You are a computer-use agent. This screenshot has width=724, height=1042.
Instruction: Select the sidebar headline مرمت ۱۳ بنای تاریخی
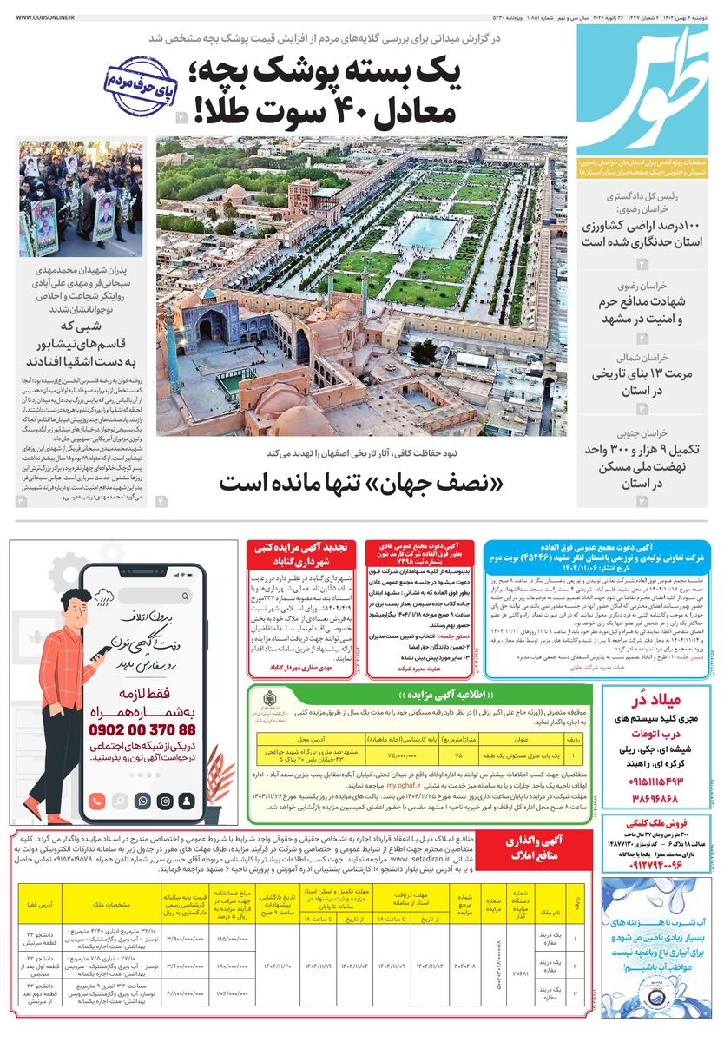tap(641, 374)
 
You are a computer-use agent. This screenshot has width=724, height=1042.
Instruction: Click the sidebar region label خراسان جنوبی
tap(642, 432)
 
